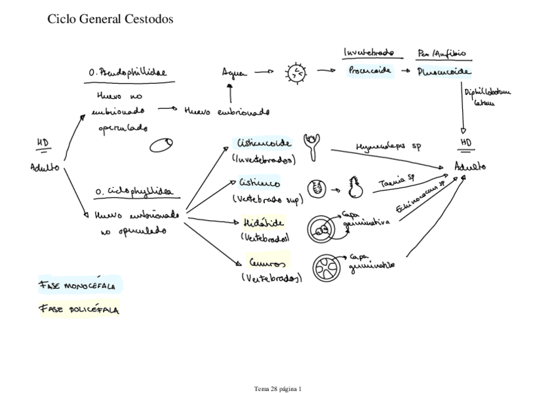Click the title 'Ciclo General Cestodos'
111,20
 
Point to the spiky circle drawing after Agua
296,73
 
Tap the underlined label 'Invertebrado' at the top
368,52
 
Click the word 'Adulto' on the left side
45,168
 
